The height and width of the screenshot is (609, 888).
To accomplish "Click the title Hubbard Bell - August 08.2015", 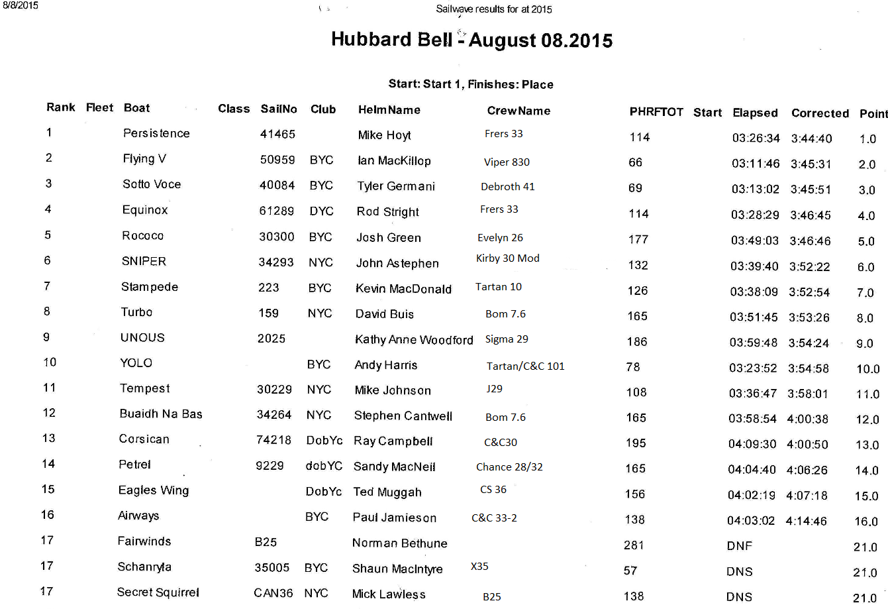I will point(471,40).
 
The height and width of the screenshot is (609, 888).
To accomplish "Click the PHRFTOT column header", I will point(656,112).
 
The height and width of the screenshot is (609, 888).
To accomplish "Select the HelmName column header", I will point(389,110).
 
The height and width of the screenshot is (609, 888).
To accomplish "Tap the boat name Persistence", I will point(156,133).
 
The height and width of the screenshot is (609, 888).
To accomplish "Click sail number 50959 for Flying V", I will point(277,160).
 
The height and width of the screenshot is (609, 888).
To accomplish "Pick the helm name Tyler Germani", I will point(396,186).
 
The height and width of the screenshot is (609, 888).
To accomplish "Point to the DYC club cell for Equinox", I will point(321,211).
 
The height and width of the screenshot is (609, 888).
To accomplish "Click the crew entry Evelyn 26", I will point(500,237).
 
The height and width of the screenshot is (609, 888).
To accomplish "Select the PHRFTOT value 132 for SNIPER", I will point(638,265).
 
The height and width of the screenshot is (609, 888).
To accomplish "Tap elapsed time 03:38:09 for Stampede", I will point(754,292).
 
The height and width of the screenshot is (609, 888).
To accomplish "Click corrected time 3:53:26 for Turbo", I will point(809,317).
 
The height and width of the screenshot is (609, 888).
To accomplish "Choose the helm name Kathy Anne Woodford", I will point(414,340).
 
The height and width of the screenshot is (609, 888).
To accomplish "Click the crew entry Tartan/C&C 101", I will point(525,366).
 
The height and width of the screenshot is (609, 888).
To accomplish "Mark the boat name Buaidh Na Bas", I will point(161,414).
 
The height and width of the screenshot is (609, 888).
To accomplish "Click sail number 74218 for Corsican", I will point(273,440).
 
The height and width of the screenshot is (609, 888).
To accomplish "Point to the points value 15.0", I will point(866,496).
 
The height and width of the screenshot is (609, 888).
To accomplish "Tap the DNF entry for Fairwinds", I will point(739,546).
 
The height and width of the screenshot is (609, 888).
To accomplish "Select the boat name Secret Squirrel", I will point(158,592).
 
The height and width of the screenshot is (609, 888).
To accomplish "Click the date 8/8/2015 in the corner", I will point(21,5).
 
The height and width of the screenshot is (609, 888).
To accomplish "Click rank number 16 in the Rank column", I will point(48,515).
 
